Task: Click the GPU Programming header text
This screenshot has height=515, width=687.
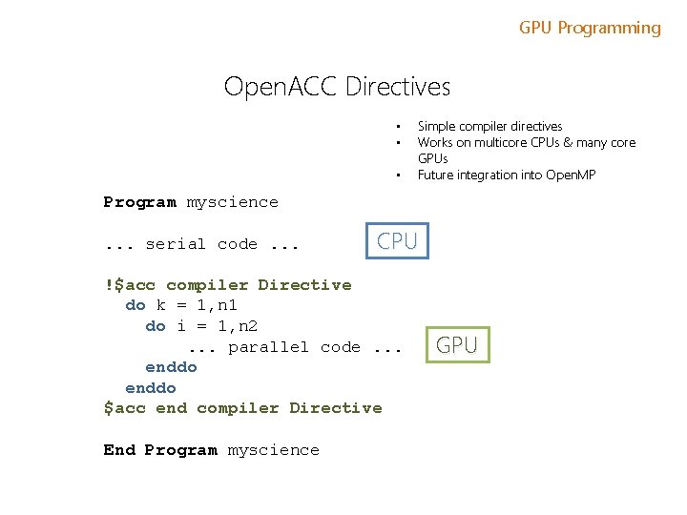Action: pyautogui.click(x=590, y=28)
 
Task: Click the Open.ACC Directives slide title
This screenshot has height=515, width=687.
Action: pyautogui.click(x=337, y=87)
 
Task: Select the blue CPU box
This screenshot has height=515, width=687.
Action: pyautogui.click(x=397, y=241)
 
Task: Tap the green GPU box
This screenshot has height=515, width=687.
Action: pyautogui.click(x=457, y=345)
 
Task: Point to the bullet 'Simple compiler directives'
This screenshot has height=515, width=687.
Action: pyautogui.click(x=489, y=126)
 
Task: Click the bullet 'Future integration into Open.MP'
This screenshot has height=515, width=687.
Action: pyautogui.click(x=506, y=175)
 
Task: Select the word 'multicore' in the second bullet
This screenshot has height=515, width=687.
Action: pyautogui.click(x=496, y=142)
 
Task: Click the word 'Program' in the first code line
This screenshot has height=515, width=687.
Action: pyautogui.click(x=139, y=202)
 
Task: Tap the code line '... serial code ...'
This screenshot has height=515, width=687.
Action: pyautogui.click(x=201, y=244)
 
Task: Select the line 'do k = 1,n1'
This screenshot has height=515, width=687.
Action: pyautogui.click(x=181, y=305)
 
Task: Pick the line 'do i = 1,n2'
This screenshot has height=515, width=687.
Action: pyautogui.click(x=201, y=326)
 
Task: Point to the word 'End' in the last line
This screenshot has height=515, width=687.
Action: pyautogui.click(x=119, y=450)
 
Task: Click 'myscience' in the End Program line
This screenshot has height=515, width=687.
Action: pyautogui.click(x=273, y=450)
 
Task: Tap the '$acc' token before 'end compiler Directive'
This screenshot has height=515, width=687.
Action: pyautogui.click(x=124, y=408)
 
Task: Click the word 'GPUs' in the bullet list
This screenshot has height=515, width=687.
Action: pyautogui.click(x=432, y=158)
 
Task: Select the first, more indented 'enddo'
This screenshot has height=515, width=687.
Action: pyautogui.click(x=171, y=367)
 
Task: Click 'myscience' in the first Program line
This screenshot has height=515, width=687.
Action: pyautogui.click(x=232, y=202)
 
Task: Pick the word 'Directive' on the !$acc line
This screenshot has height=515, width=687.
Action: pyautogui.click(x=304, y=285)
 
